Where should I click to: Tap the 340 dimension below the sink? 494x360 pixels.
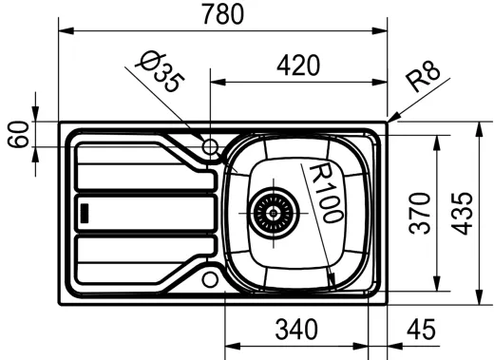(295, 330)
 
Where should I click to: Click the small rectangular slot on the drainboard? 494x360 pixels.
(85, 212)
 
